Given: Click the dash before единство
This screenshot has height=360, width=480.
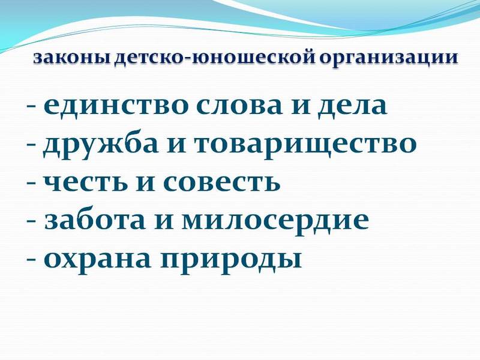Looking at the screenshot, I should tap(31, 108).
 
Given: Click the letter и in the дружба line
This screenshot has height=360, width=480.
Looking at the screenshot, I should tap(170, 145).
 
